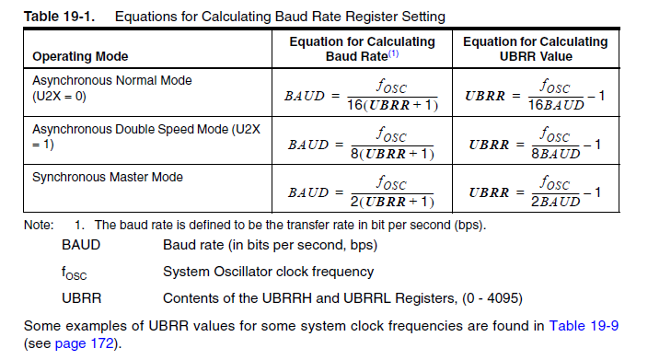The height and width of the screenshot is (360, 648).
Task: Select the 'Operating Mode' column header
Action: [x=80, y=56]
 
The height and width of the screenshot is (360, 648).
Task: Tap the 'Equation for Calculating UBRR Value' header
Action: [x=535, y=49]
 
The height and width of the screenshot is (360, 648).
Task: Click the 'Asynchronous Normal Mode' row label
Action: [x=112, y=80]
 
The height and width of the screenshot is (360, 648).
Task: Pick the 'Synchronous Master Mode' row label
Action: [x=108, y=177]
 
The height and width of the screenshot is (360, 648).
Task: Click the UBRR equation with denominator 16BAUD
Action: [x=535, y=96]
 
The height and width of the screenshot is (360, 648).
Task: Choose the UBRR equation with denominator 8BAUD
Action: [x=535, y=145]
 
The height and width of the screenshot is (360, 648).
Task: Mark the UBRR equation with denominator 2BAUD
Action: [x=535, y=192]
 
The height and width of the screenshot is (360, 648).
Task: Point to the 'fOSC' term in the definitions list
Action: [x=75, y=273]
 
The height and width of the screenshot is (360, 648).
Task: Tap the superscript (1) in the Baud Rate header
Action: [x=392, y=53]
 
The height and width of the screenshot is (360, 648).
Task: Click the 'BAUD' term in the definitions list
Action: [x=81, y=246]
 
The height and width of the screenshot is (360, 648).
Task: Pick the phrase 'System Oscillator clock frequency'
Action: [x=268, y=272]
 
